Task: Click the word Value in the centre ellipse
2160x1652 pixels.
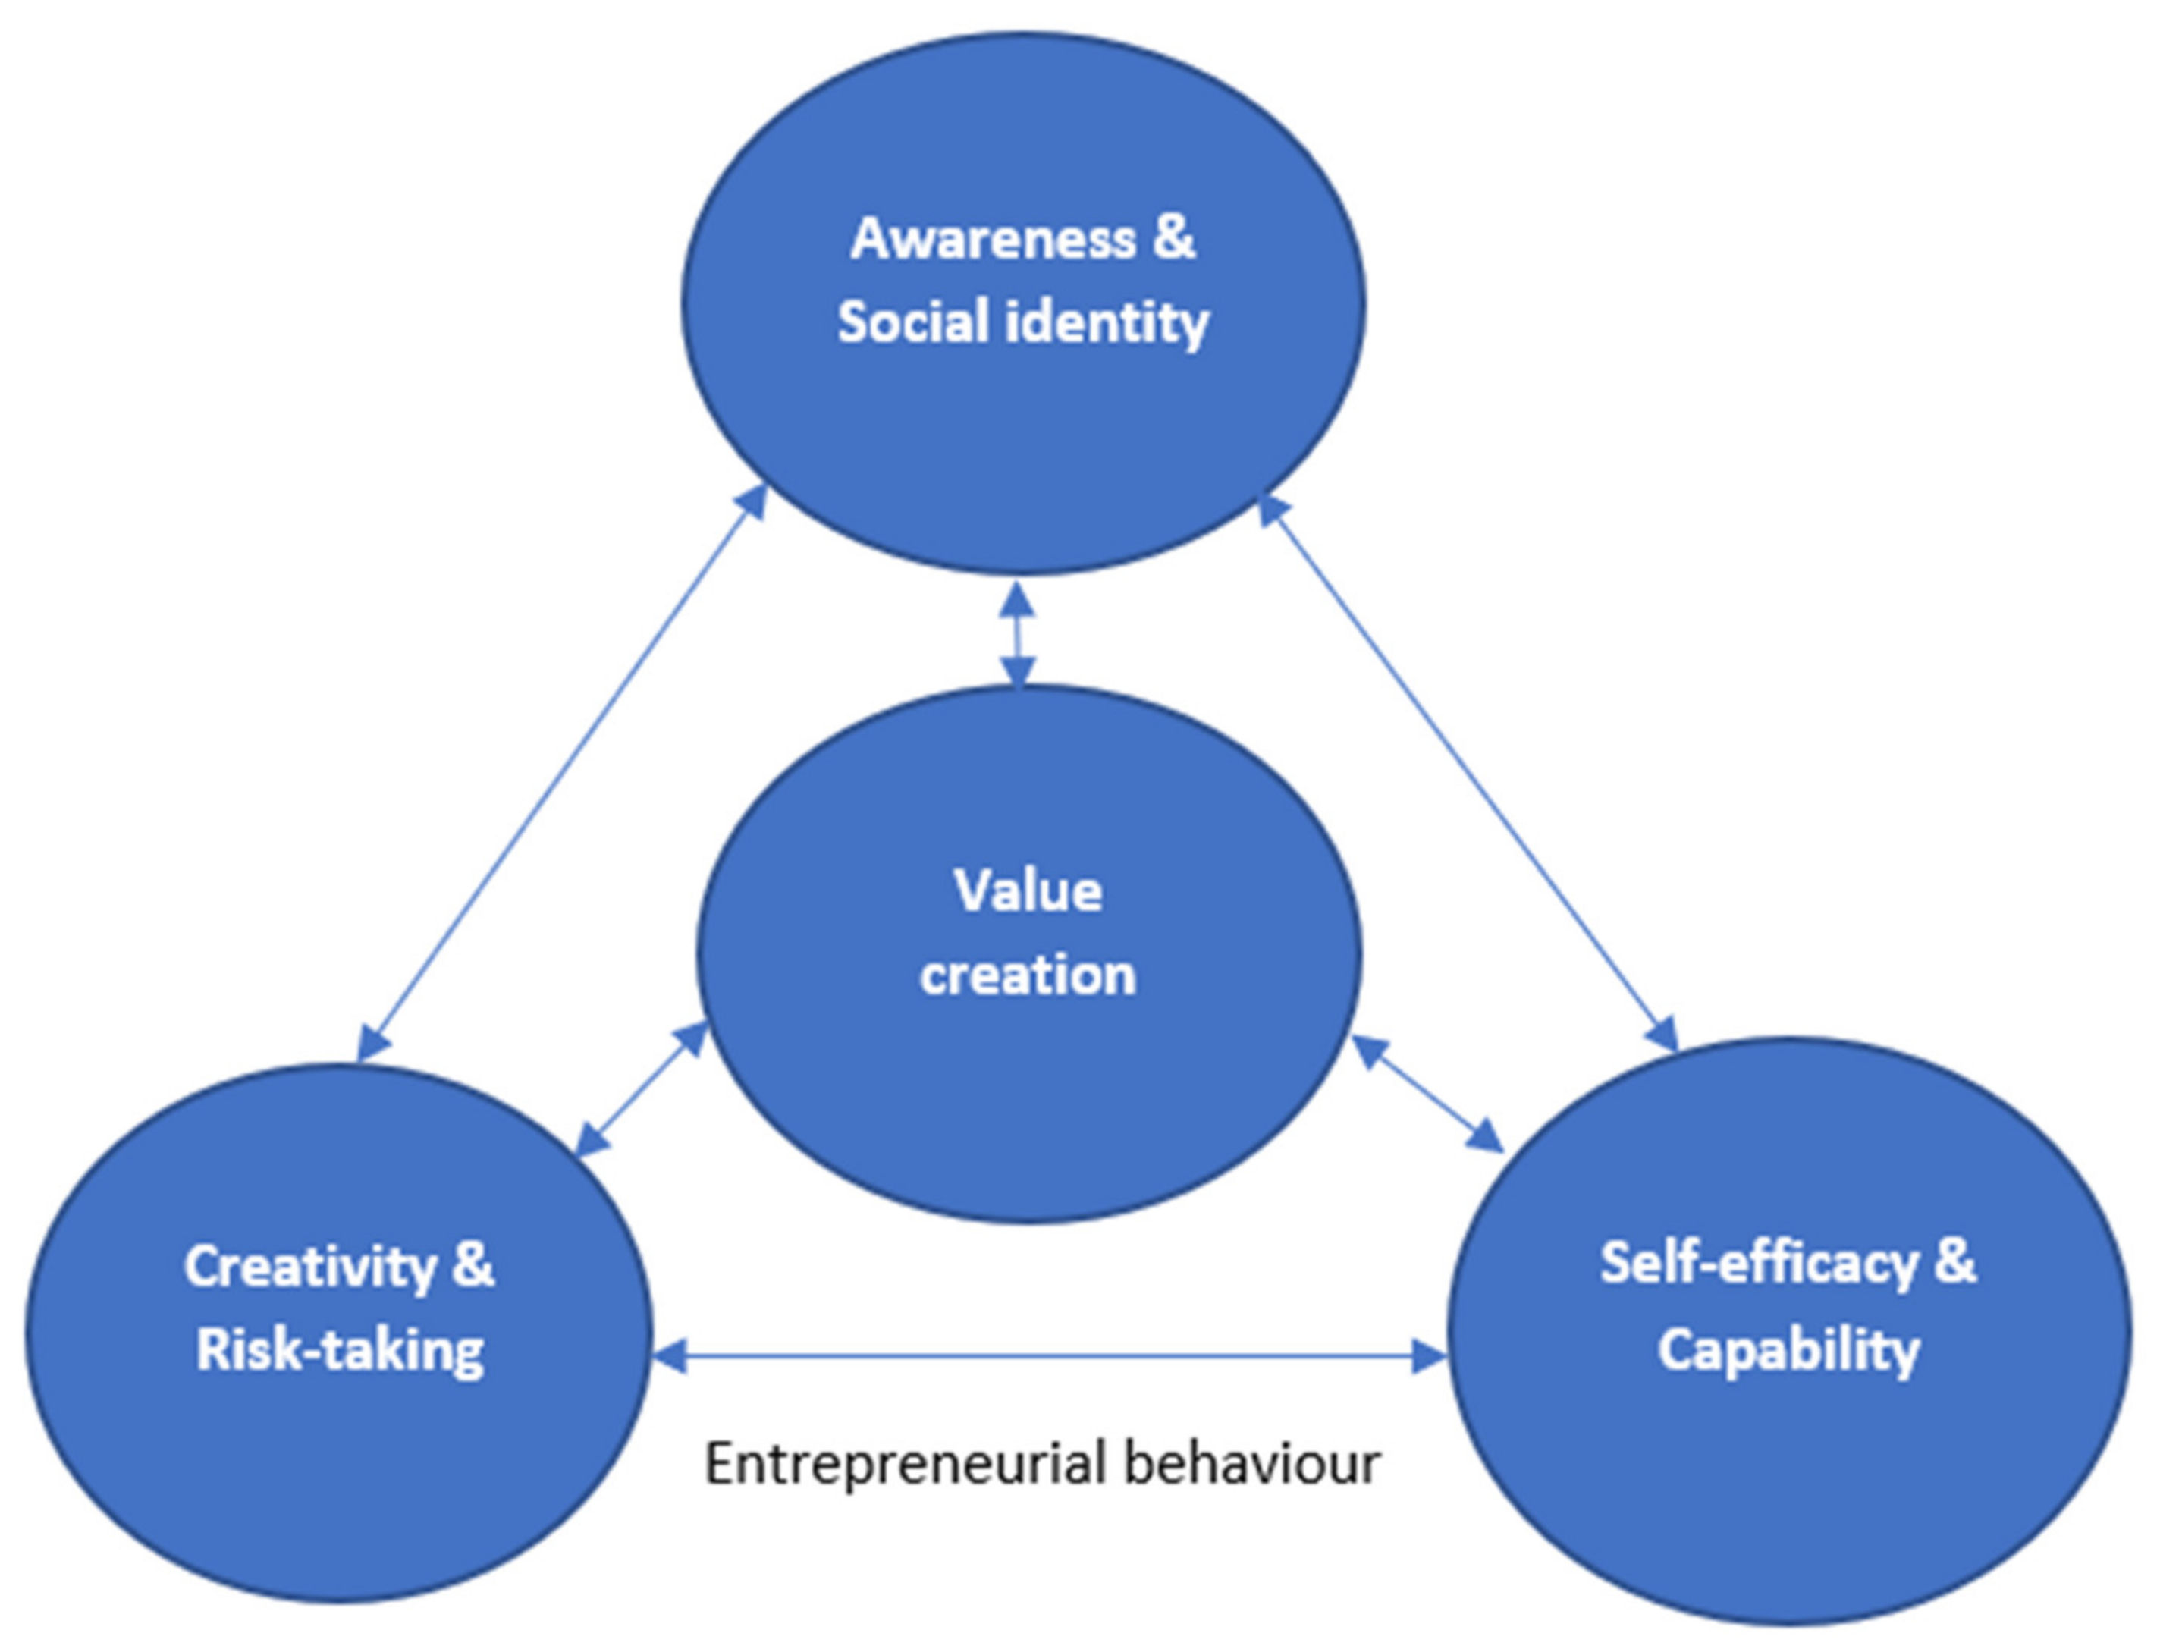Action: pyautogui.click(x=1028, y=891)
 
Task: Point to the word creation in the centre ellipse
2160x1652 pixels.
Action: pyautogui.click(x=1028, y=975)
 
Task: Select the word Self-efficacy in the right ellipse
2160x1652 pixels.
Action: pyautogui.click(x=1759, y=1264)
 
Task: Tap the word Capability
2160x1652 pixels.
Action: pyautogui.click(x=1788, y=1350)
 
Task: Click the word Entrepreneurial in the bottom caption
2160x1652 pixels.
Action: pyautogui.click(x=906, y=1464)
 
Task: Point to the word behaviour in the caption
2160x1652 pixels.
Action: pyautogui.click(x=1254, y=1462)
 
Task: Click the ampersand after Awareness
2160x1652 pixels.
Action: pyautogui.click(x=1174, y=239)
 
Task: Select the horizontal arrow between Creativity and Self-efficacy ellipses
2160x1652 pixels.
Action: pyautogui.click(x=1049, y=1357)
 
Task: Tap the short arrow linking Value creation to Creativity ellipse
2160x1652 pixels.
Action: pyautogui.click(x=641, y=1088)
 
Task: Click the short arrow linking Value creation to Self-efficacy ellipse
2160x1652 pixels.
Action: pyautogui.click(x=1427, y=1094)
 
